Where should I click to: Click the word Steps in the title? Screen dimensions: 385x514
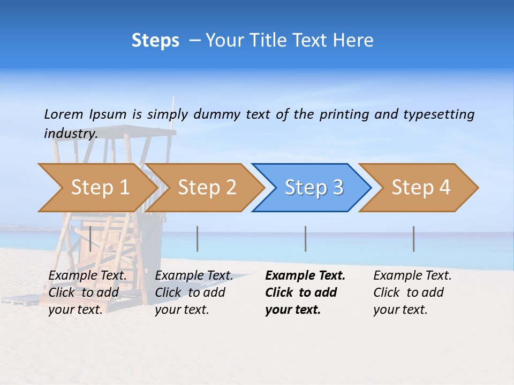pos(155,41)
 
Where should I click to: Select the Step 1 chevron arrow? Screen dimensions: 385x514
pos(100,188)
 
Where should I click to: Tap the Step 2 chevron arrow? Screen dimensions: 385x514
pos(207,188)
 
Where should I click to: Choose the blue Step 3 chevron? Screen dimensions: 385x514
pos(314,188)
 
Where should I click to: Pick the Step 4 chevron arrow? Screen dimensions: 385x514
pos(421,188)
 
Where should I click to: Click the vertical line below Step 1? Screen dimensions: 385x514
pos(90,238)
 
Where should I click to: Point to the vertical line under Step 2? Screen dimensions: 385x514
pos(198,238)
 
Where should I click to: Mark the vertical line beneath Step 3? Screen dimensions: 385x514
pos(305,238)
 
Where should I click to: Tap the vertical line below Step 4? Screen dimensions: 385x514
pos(413,238)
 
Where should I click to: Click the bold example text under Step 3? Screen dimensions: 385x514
pos(305,292)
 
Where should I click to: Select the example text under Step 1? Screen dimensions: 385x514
pos(87,292)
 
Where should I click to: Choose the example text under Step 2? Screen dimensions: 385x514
pos(194,292)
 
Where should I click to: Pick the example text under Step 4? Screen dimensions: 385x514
pos(412,292)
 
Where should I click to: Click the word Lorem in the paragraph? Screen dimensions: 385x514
pos(64,114)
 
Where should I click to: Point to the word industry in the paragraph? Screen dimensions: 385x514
pos(70,134)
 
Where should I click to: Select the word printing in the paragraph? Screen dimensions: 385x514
pos(345,114)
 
